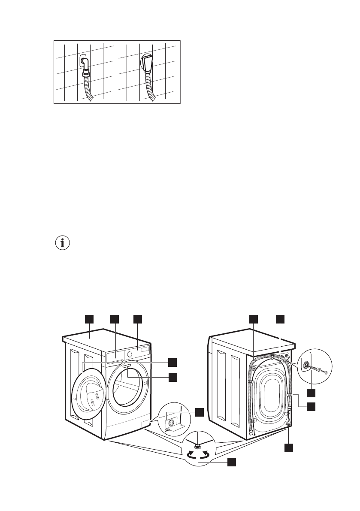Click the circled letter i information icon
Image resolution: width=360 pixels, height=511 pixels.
point(63,243)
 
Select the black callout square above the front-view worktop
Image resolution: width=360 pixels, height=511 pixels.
point(89,319)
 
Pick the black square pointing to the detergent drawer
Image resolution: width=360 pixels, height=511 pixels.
point(115,319)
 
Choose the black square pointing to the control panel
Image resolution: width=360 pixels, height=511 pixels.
point(137,319)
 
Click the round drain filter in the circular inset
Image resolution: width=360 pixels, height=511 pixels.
point(172,423)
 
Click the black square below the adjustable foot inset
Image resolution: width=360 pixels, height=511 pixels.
point(231,462)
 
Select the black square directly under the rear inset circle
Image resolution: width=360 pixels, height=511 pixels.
point(311,392)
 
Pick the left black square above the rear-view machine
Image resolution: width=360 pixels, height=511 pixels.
point(254,319)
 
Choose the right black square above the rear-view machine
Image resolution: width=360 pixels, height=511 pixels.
point(280,319)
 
